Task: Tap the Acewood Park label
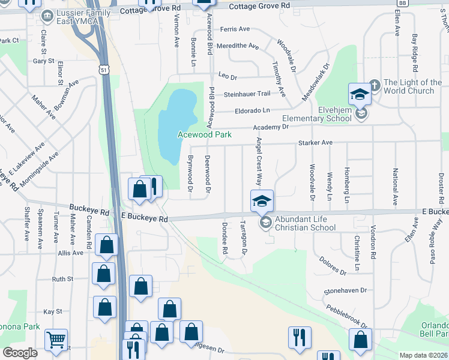click(205, 135)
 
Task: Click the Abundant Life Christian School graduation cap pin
click(262, 201)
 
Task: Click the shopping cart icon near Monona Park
click(56, 340)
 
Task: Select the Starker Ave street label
click(316, 143)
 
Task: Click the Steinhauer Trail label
click(247, 94)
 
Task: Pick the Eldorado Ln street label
click(253, 110)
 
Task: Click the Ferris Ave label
click(235, 29)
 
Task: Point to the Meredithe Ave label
click(238, 46)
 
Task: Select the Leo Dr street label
click(228, 77)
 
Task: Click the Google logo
click(20, 353)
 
